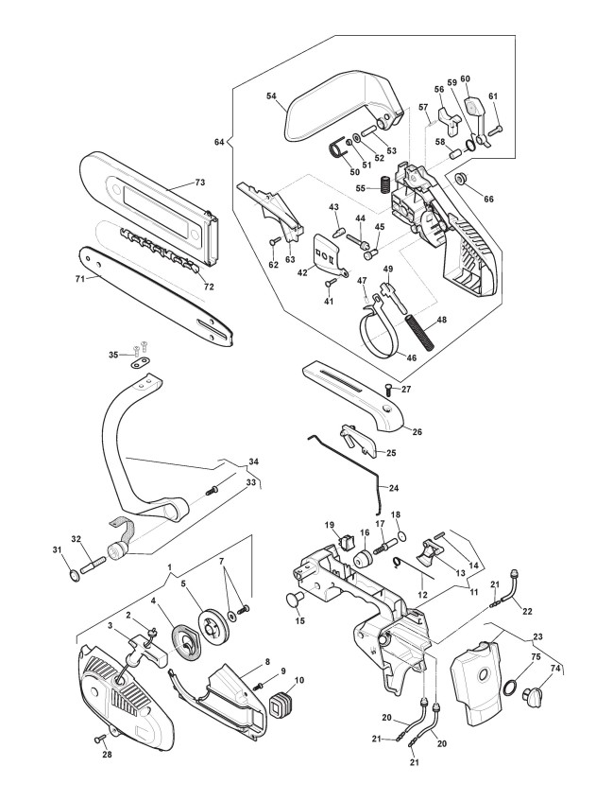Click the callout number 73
(x=199, y=183)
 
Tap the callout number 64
(x=219, y=142)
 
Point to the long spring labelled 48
(x=420, y=333)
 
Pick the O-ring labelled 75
(x=510, y=688)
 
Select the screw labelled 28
(x=99, y=738)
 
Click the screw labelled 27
(x=389, y=390)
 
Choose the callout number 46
(x=411, y=357)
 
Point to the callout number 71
(x=79, y=279)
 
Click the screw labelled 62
(x=275, y=241)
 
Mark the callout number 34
(x=253, y=461)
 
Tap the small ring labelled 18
(x=402, y=535)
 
